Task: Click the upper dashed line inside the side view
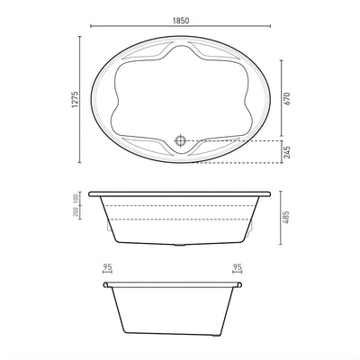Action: point(180,204)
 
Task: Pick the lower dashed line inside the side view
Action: point(180,220)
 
